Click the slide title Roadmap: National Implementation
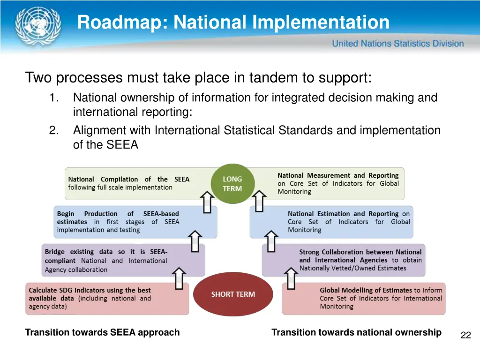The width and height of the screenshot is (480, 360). (233, 22)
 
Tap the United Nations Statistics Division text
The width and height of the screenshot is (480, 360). (397, 44)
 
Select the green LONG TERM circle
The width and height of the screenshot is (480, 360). (232, 184)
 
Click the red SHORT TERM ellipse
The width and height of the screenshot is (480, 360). (233, 294)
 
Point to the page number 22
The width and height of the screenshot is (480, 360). (465, 335)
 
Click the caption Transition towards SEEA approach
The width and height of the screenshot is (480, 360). (102, 332)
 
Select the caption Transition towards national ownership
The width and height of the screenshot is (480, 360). (356, 332)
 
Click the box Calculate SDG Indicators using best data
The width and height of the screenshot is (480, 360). (107, 299)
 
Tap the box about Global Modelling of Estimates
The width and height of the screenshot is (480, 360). (363, 299)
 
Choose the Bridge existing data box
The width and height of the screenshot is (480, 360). (123, 260)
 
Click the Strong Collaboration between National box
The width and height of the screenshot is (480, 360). (343, 260)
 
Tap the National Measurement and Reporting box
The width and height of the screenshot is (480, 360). (328, 183)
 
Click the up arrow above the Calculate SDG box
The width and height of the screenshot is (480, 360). (178, 278)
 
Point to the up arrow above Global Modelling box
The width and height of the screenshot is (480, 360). (291, 278)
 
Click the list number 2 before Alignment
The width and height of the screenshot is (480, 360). (53, 130)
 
